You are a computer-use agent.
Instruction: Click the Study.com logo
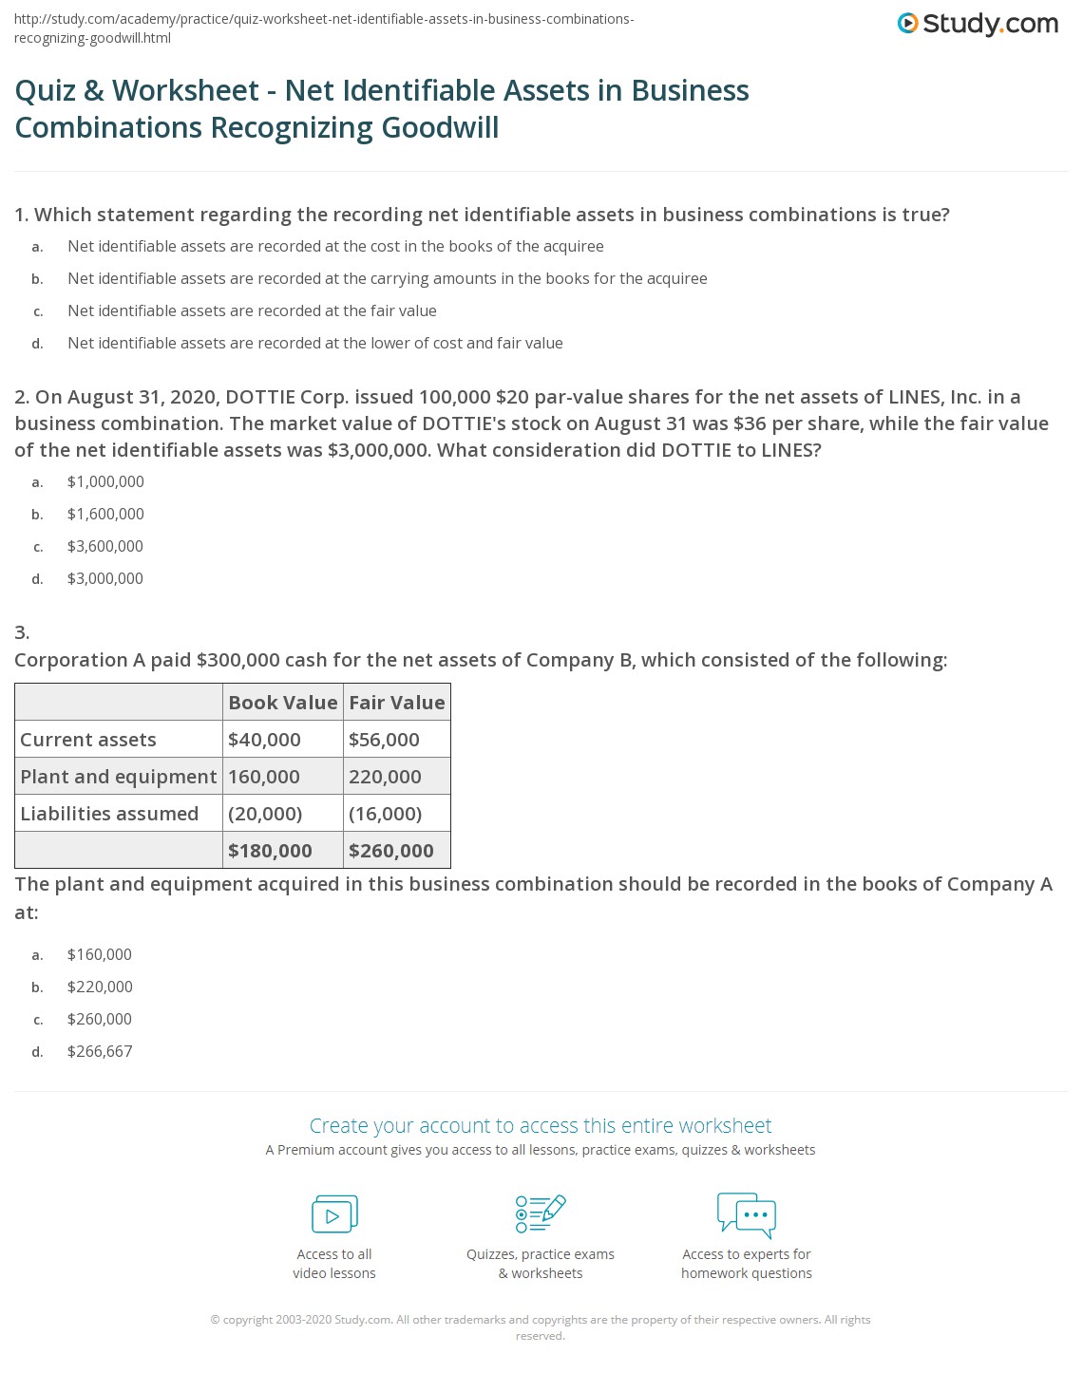click(x=978, y=24)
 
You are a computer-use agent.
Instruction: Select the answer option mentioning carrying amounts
click(x=387, y=278)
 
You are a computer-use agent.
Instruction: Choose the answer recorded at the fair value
click(x=252, y=310)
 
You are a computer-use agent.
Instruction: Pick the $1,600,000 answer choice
click(x=105, y=514)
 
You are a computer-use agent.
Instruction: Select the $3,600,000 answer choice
click(x=105, y=546)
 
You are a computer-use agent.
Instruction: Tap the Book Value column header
click(x=282, y=703)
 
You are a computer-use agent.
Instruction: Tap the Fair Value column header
click(x=396, y=703)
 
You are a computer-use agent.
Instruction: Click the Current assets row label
click(x=88, y=740)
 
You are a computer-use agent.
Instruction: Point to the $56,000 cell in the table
click(x=384, y=740)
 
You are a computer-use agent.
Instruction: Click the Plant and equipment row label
click(x=119, y=777)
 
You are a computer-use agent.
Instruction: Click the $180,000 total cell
click(x=270, y=851)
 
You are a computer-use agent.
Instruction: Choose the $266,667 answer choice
click(x=100, y=1051)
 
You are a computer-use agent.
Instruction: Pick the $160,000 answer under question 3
click(x=100, y=954)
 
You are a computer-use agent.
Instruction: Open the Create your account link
click(x=541, y=1126)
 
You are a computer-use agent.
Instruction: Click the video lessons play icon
click(x=334, y=1214)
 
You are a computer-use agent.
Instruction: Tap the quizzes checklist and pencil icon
click(x=541, y=1214)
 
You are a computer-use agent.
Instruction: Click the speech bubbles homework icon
click(x=747, y=1214)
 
